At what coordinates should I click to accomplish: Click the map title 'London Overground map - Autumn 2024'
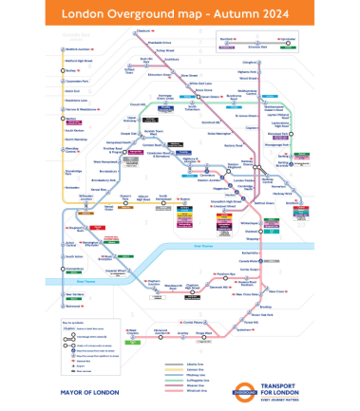180,15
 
